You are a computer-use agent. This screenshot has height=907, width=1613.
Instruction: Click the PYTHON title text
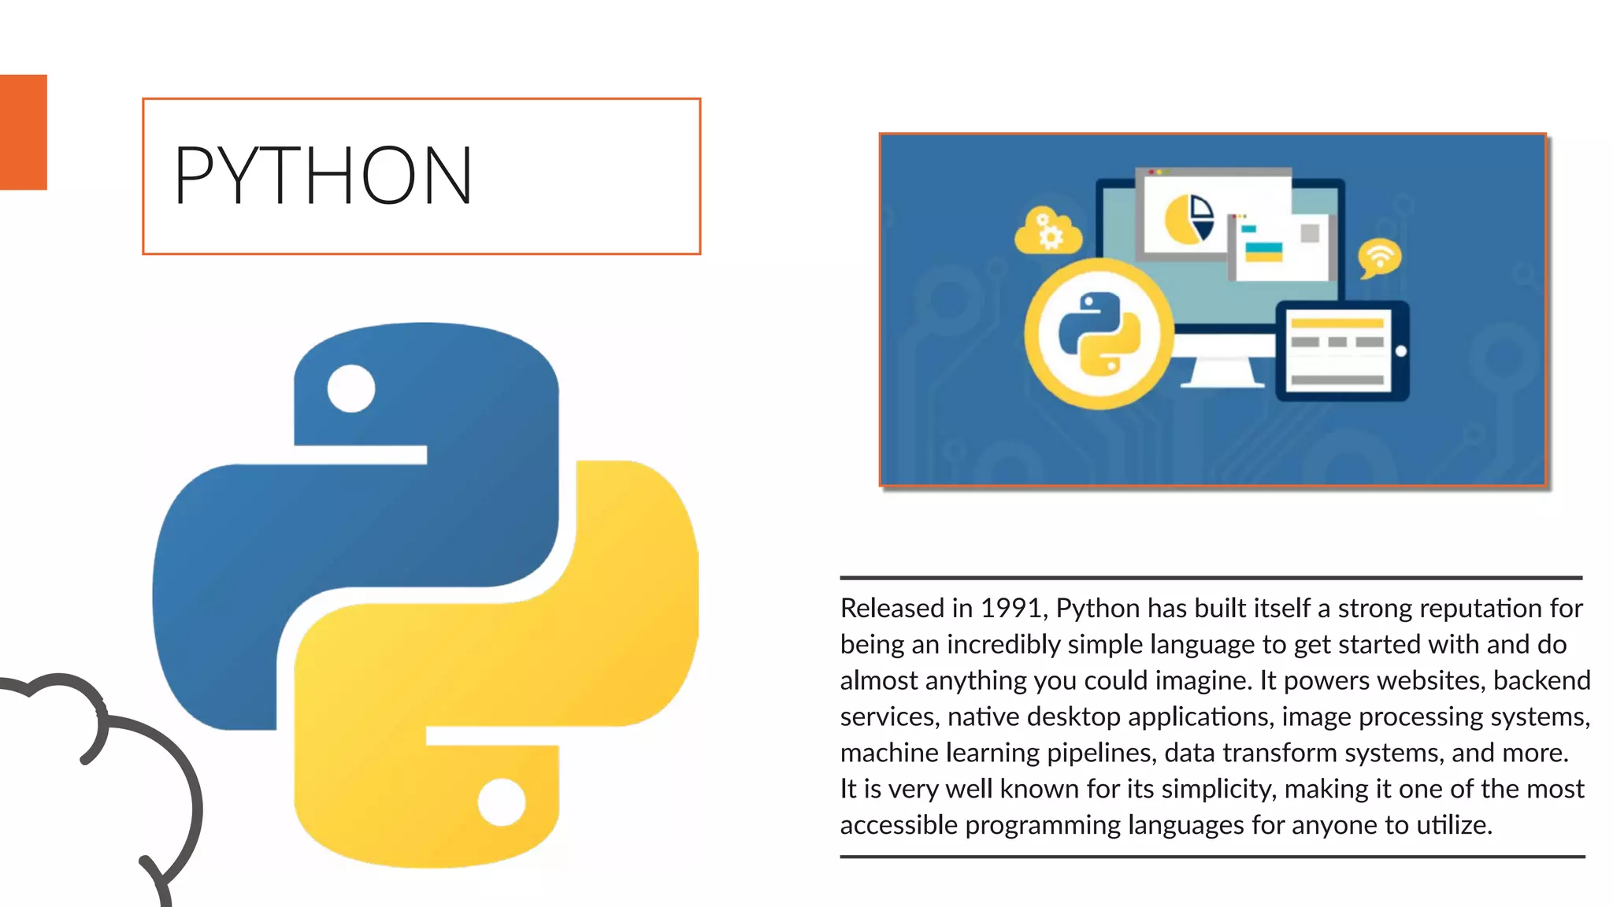coord(323,176)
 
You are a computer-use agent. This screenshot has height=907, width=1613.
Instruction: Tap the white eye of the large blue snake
coord(350,388)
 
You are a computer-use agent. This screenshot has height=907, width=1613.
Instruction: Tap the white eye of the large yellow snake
coord(502,802)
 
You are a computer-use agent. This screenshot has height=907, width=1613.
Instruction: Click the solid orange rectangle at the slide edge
coord(23,132)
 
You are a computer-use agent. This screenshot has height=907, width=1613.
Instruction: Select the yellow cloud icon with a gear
coord(1048,231)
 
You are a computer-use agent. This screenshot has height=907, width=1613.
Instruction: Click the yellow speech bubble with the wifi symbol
coord(1379,257)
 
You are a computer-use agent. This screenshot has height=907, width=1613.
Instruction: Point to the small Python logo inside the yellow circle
coord(1099,333)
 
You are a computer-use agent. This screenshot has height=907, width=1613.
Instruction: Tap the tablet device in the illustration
coord(1341,351)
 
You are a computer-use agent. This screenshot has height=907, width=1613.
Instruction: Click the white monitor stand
coord(1222,372)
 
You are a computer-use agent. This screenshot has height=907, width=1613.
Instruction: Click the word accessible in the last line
coord(899,826)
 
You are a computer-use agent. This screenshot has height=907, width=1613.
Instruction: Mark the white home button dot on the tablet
coord(1401,351)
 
